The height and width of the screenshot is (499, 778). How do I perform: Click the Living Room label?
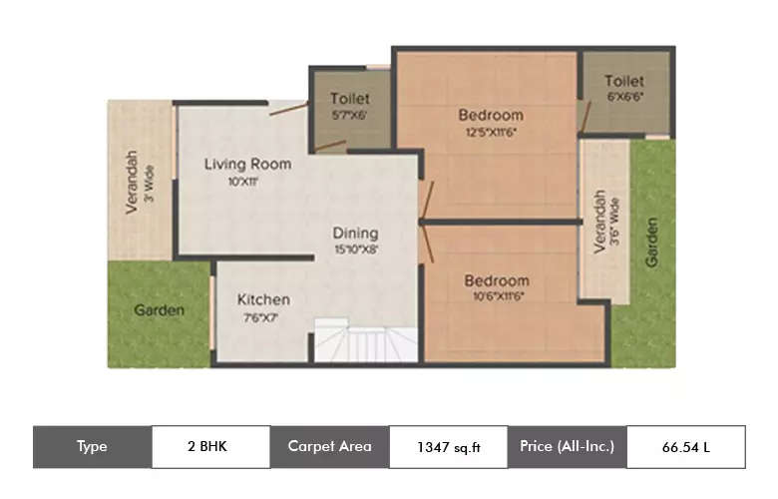(x=247, y=164)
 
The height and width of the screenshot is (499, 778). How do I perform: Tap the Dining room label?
(x=356, y=233)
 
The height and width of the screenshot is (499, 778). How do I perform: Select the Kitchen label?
(x=263, y=299)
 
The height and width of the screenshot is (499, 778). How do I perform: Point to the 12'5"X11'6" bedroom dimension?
(x=491, y=132)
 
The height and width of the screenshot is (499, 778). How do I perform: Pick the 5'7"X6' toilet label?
(x=349, y=99)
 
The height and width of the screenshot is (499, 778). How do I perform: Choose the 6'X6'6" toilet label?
(x=623, y=81)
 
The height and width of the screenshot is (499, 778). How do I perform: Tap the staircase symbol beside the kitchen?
(x=365, y=341)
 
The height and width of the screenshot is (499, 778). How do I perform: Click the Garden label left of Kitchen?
(x=160, y=310)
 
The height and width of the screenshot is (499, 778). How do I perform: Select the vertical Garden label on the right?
(x=652, y=242)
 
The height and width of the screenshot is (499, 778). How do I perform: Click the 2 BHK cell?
(x=209, y=447)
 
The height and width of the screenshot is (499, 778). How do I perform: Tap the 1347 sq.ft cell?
(x=448, y=447)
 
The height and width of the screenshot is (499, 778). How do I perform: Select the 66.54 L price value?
(x=685, y=447)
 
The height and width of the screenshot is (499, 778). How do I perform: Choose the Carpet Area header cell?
(x=329, y=447)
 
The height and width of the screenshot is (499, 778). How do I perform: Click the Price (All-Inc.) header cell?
(x=567, y=447)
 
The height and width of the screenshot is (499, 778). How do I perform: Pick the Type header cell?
(x=92, y=447)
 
